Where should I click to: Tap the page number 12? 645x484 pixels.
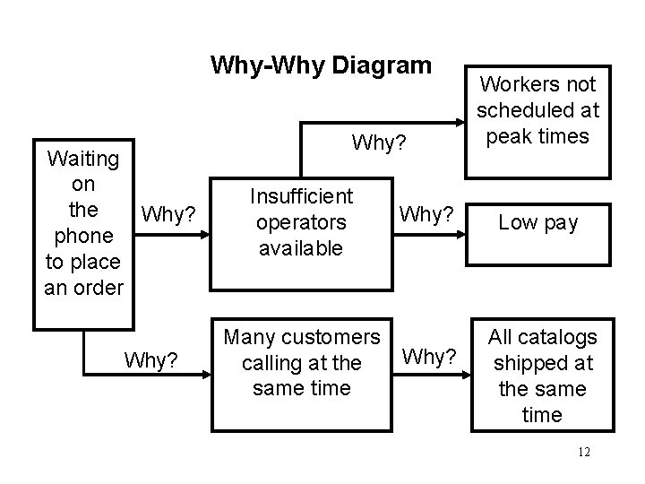(584, 452)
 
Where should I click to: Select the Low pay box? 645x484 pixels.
(538, 222)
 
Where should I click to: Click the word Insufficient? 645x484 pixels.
(301, 195)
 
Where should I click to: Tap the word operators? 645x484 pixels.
(301, 221)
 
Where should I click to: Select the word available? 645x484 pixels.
(301, 247)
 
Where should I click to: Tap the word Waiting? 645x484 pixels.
(82, 159)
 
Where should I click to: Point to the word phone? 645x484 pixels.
(82, 236)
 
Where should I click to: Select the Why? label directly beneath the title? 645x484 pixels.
(380, 143)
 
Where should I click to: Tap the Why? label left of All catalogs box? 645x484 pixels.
(430, 357)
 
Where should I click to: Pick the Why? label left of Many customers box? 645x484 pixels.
(150, 359)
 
